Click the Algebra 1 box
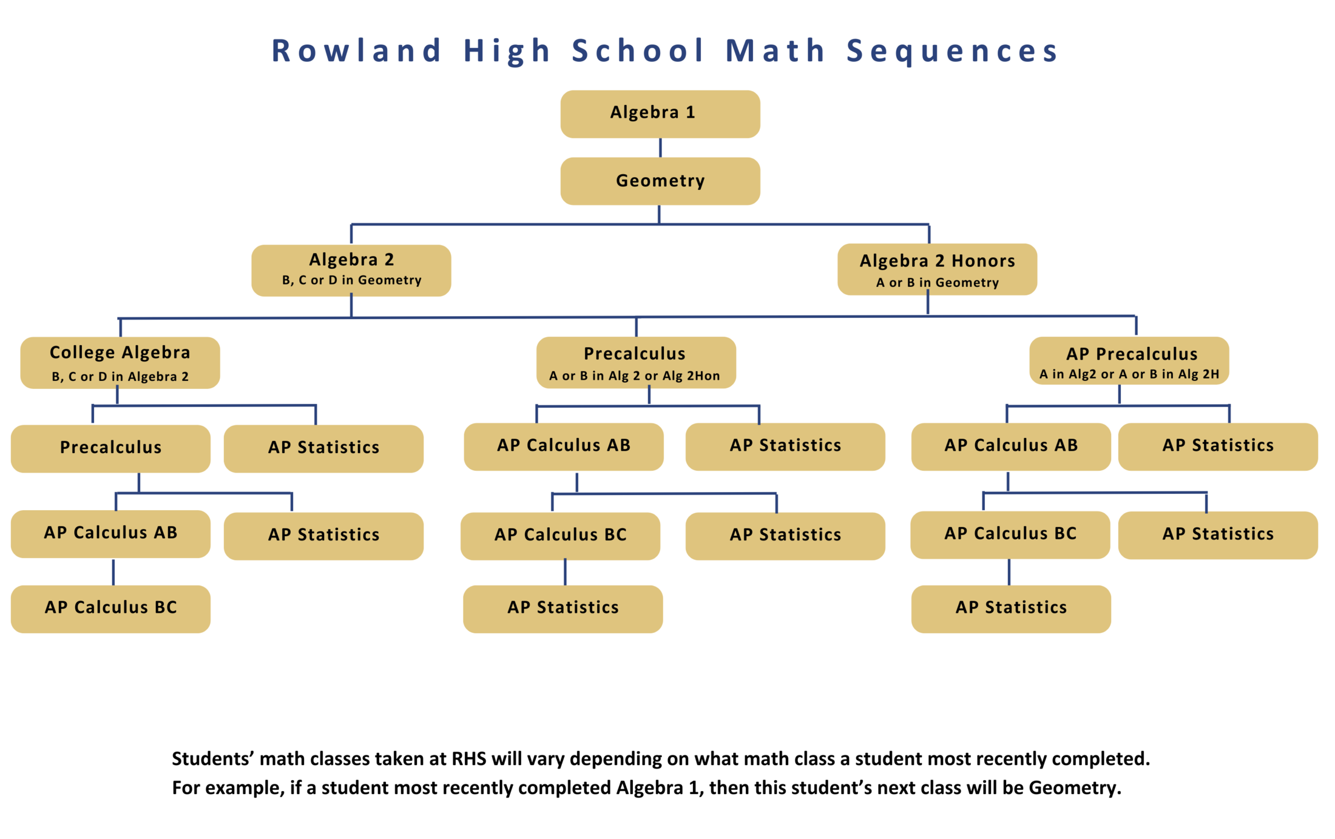[660, 114]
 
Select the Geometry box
[660, 181]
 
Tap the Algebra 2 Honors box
[936, 269]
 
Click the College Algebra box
[120, 362]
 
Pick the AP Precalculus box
[1129, 360]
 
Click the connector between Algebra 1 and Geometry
[660, 147]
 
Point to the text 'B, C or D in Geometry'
[351, 280]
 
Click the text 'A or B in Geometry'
[937, 283]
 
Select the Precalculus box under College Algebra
[110, 448]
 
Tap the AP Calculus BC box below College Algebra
[110, 608]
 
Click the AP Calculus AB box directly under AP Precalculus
[1010, 446]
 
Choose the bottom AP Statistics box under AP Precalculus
[1010, 608]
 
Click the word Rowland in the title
[356, 50]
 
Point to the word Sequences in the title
[952, 50]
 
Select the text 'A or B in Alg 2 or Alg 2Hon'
[634, 376]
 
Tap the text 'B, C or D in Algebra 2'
[120, 377]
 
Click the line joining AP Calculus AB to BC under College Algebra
[113, 571]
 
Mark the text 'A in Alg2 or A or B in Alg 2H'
[1129, 374]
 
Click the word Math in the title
[776, 50]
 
